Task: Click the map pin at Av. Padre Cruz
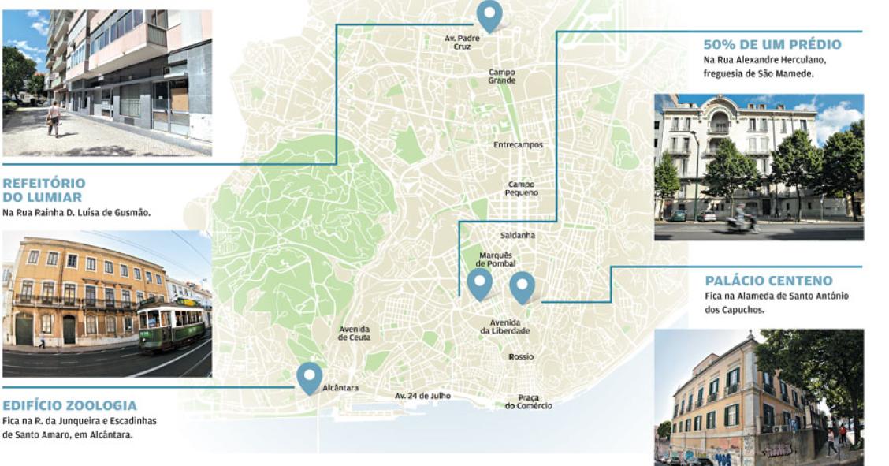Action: click(489, 14)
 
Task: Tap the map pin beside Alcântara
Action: click(309, 376)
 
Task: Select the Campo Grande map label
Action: click(501, 76)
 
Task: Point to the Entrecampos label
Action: click(518, 145)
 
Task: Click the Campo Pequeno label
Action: click(523, 188)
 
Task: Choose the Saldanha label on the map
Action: click(518, 235)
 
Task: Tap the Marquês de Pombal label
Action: click(496, 259)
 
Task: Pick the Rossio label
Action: click(521, 356)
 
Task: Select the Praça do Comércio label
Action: click(528, 401)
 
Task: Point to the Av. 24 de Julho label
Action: click(422, 396)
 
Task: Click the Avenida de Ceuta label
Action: click(355, 334)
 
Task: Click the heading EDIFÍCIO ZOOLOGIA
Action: click(69, 405)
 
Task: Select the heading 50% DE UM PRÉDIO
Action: click(772, 44)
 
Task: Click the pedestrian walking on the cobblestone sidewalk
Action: click(54, 117)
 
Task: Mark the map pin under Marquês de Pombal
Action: click(479, 283)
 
